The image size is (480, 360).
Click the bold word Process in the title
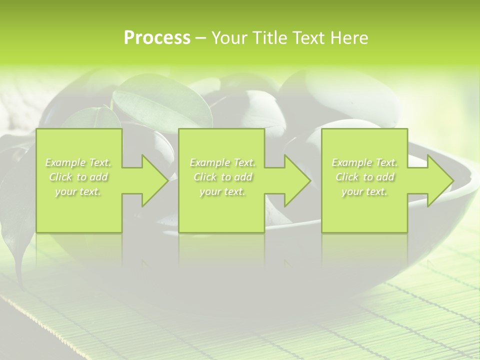pos(157,38)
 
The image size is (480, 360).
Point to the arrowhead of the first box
pos(152,180)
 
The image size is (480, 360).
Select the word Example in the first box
pos(65,162)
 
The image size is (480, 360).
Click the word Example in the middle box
pos(209,162)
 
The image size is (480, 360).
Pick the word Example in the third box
pos(351,162)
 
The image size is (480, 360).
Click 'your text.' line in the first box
pos(78,191)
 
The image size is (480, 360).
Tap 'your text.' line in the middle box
pos(222,191)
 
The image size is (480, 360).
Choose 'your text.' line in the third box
pos(364,191)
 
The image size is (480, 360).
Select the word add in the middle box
pos(243,177)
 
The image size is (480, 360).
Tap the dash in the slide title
pos(200,38)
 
